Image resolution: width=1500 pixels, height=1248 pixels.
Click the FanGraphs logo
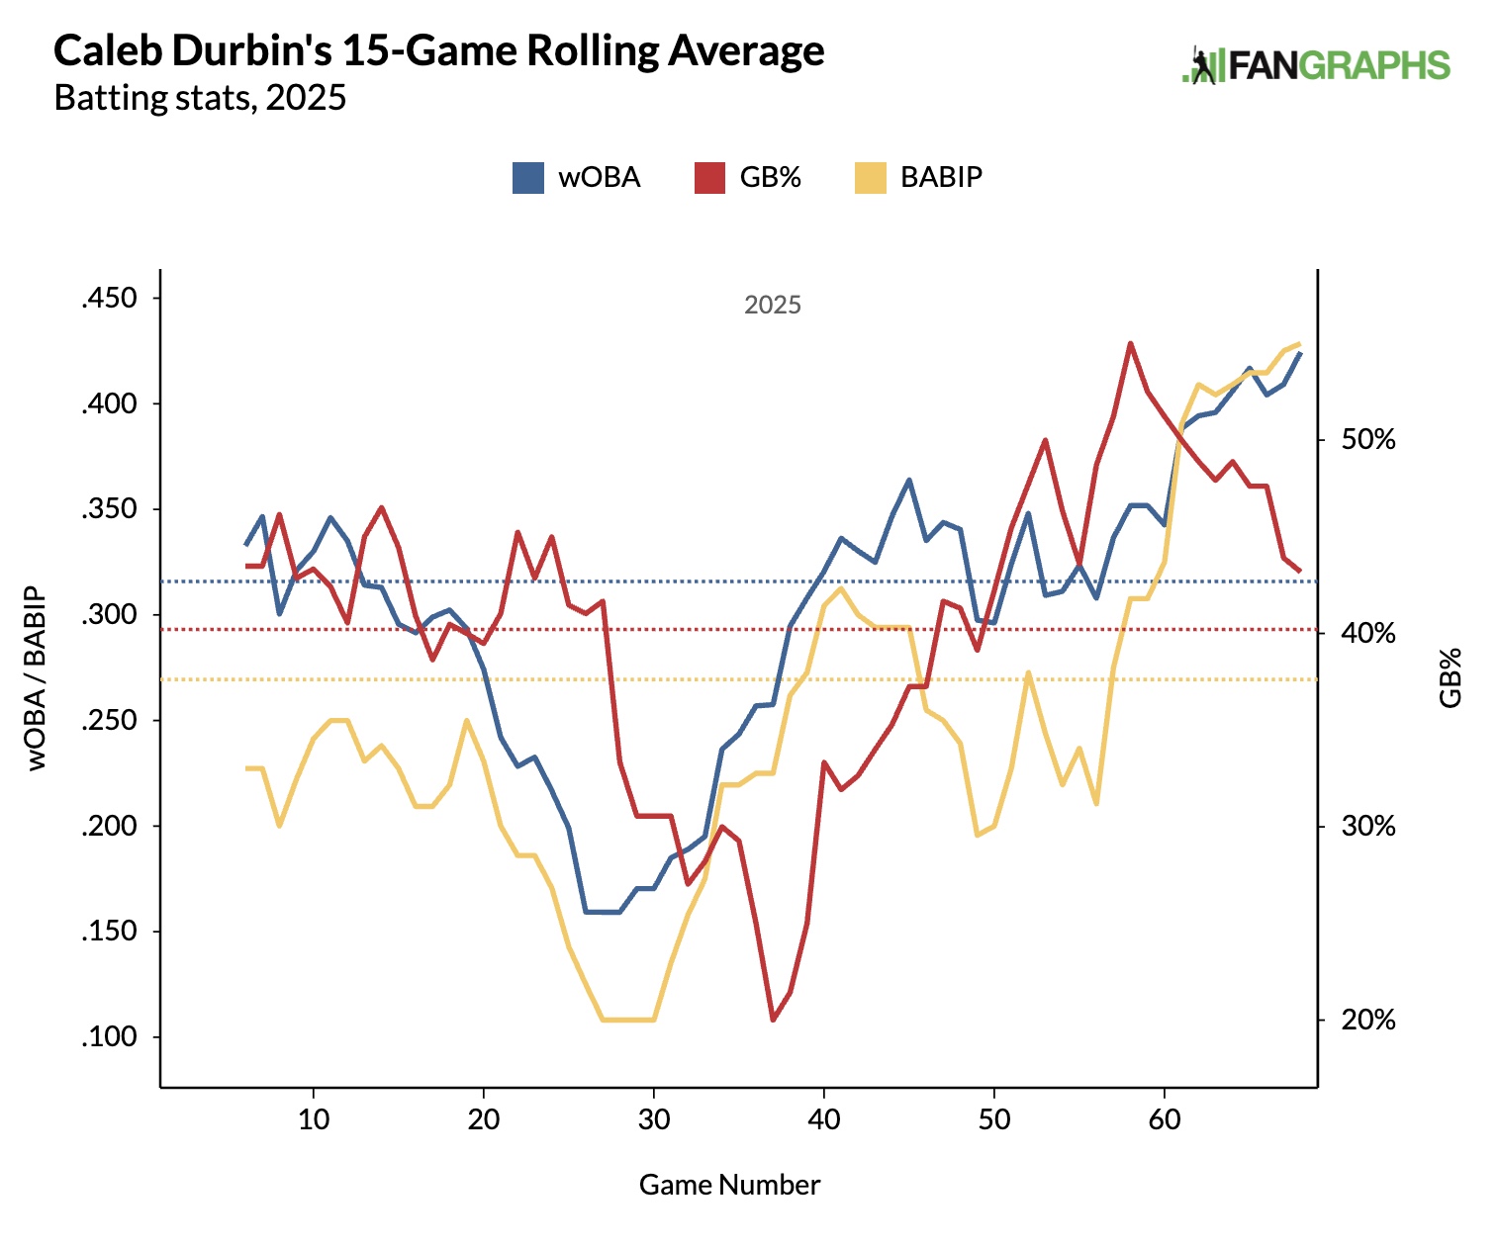[x=1317, y=65]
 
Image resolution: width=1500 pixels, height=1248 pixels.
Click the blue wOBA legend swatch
[x=528, y=178]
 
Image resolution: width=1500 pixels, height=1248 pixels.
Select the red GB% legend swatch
[x=709, y=178]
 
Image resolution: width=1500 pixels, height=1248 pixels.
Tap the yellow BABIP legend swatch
[x=871, y=178]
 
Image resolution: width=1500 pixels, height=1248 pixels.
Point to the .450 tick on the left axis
[x=109, y=298]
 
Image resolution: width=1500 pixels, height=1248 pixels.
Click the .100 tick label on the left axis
[x=109, y=1036]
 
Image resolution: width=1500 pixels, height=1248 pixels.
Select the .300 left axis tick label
[x=109, y=614]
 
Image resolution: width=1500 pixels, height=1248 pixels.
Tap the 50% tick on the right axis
[x=1368, y=439]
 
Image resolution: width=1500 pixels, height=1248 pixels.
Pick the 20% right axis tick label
[x=1368, y=1020]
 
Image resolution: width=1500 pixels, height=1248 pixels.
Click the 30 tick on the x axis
[x=654, y=1119]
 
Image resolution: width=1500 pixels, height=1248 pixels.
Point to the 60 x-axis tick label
[x=1165, y=1119]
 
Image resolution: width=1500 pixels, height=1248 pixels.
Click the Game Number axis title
[x=729, y=1185]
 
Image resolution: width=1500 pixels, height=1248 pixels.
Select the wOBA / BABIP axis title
[x=36, y=678]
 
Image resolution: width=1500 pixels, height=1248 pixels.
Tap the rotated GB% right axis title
[x=1450, y=678]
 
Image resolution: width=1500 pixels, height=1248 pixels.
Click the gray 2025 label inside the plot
[x=773, y=305]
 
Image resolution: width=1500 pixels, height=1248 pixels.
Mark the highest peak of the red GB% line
[x=1130, y=344]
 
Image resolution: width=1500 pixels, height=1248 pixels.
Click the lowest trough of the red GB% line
[x=773, y=1020]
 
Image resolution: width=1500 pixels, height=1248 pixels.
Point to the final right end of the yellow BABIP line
[x=1299, y=344]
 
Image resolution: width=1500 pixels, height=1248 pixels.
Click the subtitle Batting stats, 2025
[x=200, y=98]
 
